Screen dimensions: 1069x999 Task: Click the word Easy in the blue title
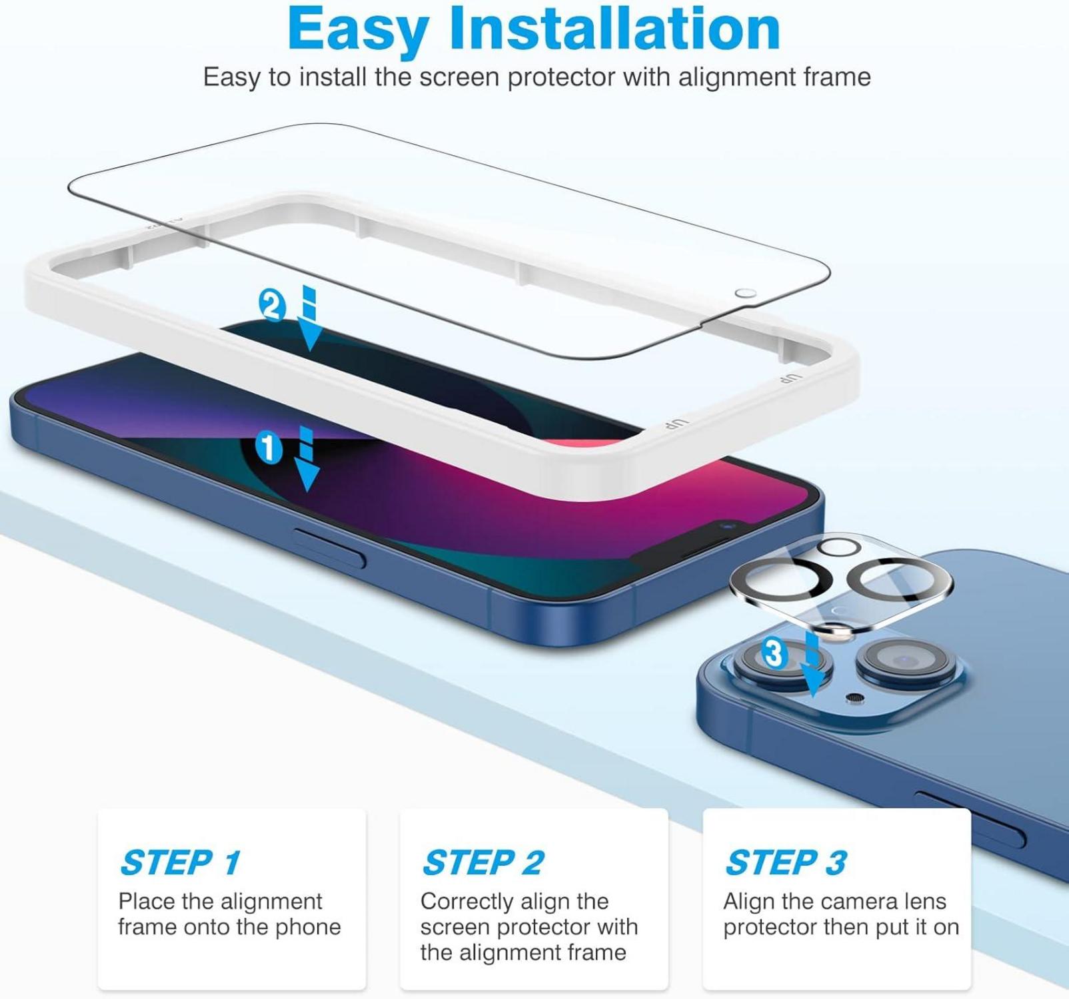359,30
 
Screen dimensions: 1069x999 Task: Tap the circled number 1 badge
269,448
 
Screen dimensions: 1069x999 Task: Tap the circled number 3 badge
774,653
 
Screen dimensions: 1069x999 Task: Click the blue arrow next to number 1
307,460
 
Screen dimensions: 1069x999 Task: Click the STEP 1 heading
181,862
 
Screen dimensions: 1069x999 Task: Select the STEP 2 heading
484,862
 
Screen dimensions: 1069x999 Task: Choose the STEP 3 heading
786,862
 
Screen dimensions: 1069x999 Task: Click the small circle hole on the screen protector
746,294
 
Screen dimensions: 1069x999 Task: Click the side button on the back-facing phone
970,820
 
